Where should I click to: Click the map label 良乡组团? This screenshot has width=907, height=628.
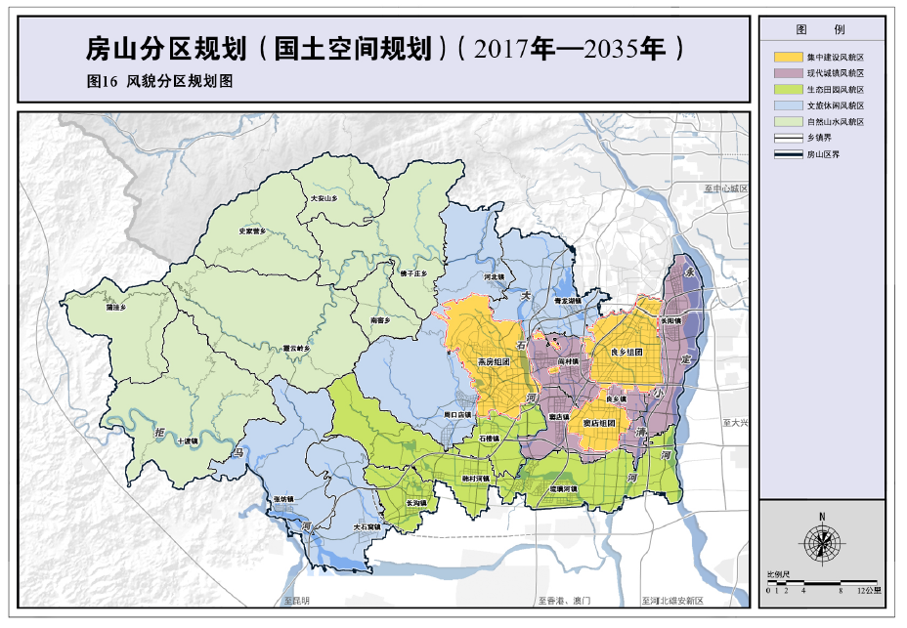[626, 352]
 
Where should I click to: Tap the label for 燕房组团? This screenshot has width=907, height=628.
[494, 361]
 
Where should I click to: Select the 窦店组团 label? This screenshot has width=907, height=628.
[598, 423]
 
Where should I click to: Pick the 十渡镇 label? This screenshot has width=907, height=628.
[186, 441]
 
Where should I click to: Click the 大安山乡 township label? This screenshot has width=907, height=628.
[323, 198]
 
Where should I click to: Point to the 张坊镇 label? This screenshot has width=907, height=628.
[283, 499]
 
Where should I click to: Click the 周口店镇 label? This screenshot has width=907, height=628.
[457, 415]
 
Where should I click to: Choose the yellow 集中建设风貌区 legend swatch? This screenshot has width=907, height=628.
[786, 58]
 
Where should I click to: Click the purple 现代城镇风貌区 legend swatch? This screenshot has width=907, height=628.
[786, 73]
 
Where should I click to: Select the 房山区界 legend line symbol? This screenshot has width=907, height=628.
[786, 154]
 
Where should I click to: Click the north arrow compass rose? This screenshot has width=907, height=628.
[823, 540]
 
